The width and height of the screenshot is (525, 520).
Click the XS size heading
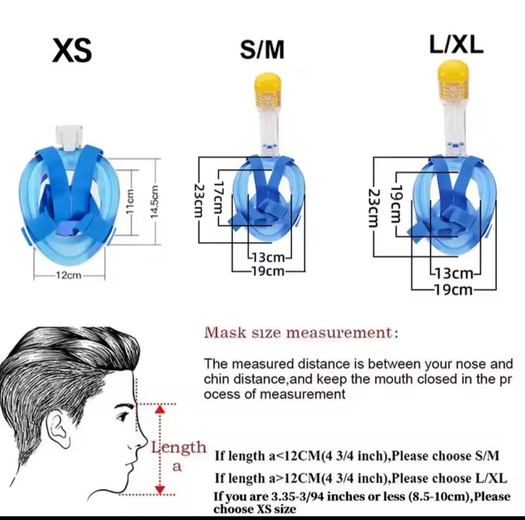[72, 50]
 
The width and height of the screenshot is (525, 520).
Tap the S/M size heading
[262, 50]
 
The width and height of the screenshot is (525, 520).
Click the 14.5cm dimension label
[154, 202]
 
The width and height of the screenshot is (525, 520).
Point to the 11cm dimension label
[131, 202]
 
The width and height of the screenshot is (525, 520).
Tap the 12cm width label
[68, 275]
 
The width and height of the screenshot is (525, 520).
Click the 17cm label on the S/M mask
[218, 198]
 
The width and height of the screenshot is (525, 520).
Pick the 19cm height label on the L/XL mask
[395, 205]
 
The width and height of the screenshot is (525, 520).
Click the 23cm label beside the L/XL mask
[374, 208]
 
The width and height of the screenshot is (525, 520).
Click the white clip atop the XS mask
[69, 137]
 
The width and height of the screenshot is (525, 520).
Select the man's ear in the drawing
[60, 430]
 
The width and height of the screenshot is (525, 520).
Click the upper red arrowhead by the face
[161, 410]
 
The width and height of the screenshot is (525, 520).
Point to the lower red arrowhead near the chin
[161, 490]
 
